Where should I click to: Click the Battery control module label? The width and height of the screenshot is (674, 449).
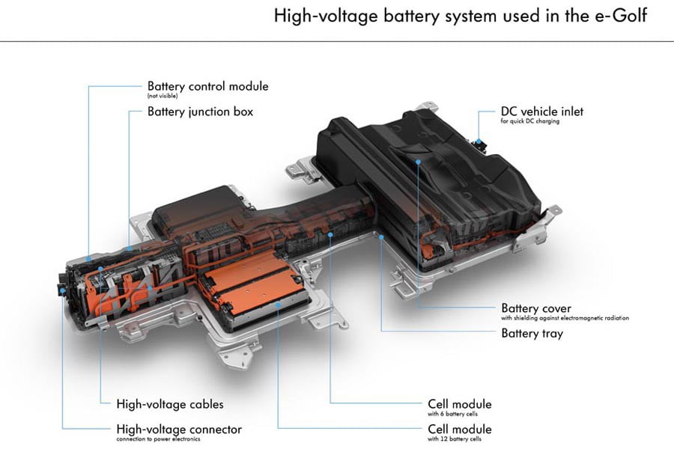pyautogui.click(x=207, y=86)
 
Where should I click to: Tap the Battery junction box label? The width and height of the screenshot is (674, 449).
pyautogui.click(x=200, y=112)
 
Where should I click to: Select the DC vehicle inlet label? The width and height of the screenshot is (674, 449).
pyautogui.click(x=541, y=112)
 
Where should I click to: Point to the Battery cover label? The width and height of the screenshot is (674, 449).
pyautogui.click(x=536, y=308)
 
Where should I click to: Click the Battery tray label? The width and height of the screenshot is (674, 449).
pyautogui.click(x=532, y=333)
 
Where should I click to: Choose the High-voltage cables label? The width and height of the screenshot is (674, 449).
pyautogui.click(x=170, y=404)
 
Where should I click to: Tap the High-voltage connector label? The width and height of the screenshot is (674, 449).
pyautogui.click(x=179, y=429)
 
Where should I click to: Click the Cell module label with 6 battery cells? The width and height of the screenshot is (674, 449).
pyautogui.click(x=460, y=404)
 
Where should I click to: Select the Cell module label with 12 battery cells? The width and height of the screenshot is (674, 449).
pyautogui.click(x=460, y=429)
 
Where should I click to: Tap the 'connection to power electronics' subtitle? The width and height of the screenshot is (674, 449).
pyautogui.click(x=166, y=439)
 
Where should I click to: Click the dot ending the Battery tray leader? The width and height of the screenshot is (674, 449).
pyautogui.click(x=382, y=238)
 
